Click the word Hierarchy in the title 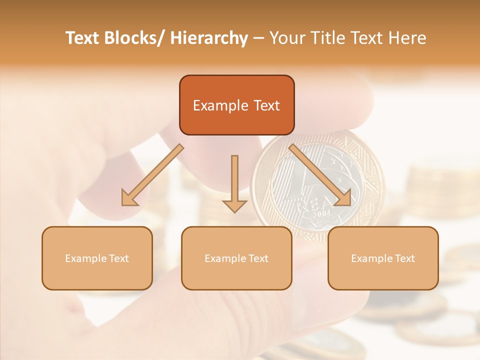point(209,38)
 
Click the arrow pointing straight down point(234,180)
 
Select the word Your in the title point(286,38)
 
